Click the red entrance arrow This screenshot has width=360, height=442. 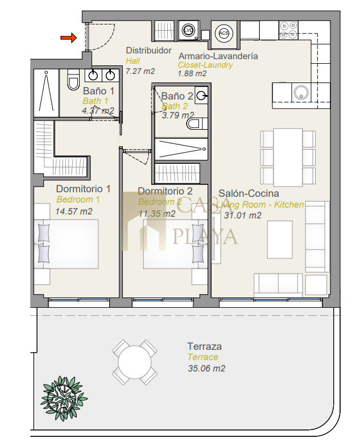click(68, 38)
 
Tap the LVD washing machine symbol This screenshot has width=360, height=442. click(188, 31)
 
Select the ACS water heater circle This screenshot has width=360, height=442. click(224, 33)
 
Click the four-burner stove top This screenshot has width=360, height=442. click(288, 31)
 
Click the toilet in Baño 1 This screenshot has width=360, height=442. click(73, 80)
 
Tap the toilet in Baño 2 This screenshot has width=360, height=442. click(197, 123)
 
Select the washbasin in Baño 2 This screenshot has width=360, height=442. click(201, 96)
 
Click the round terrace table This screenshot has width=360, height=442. click(135, 362)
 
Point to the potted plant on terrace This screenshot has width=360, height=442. click(64, 398)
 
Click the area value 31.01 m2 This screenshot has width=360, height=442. click(243, 216)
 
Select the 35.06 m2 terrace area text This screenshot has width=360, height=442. click(206, 368)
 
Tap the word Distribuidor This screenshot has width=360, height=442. click(148, 51)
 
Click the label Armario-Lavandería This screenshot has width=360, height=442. click(218, 56)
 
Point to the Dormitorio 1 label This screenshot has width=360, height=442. click(83, 189)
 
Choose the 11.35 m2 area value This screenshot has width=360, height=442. click(157, 213)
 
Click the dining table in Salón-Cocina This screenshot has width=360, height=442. click(288, 158)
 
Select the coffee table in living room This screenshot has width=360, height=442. click(280, 239)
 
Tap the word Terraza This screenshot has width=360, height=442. click(204, 346)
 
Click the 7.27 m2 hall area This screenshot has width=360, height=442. click(140, 71)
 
